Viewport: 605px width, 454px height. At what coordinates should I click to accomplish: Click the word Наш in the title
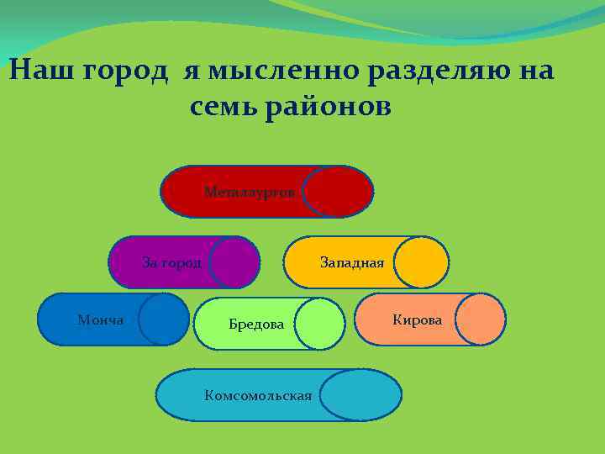(x=41, y=71)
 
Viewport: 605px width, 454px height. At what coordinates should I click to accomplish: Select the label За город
(x=171, y=262)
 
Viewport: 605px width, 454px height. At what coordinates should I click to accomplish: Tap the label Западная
(x=351, y=262)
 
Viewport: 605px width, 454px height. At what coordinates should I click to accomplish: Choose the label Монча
(x=100, y=319)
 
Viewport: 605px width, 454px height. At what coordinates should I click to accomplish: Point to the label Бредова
(x=256, y=325)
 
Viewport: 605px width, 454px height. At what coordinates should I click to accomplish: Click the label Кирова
(x=417, y=319)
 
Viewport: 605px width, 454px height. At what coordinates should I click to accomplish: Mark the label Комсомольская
(x=258, y=395)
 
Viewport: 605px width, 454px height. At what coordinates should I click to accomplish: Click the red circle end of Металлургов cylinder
(x=337, y=192)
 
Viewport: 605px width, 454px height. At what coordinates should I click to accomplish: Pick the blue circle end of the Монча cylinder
(x=164, y=319)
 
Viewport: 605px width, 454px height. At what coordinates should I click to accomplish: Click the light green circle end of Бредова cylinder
(x=320, y=324)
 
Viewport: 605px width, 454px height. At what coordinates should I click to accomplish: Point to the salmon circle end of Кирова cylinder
(x=481, y=319)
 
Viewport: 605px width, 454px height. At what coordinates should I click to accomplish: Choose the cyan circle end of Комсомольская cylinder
(x=360, y=395)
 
